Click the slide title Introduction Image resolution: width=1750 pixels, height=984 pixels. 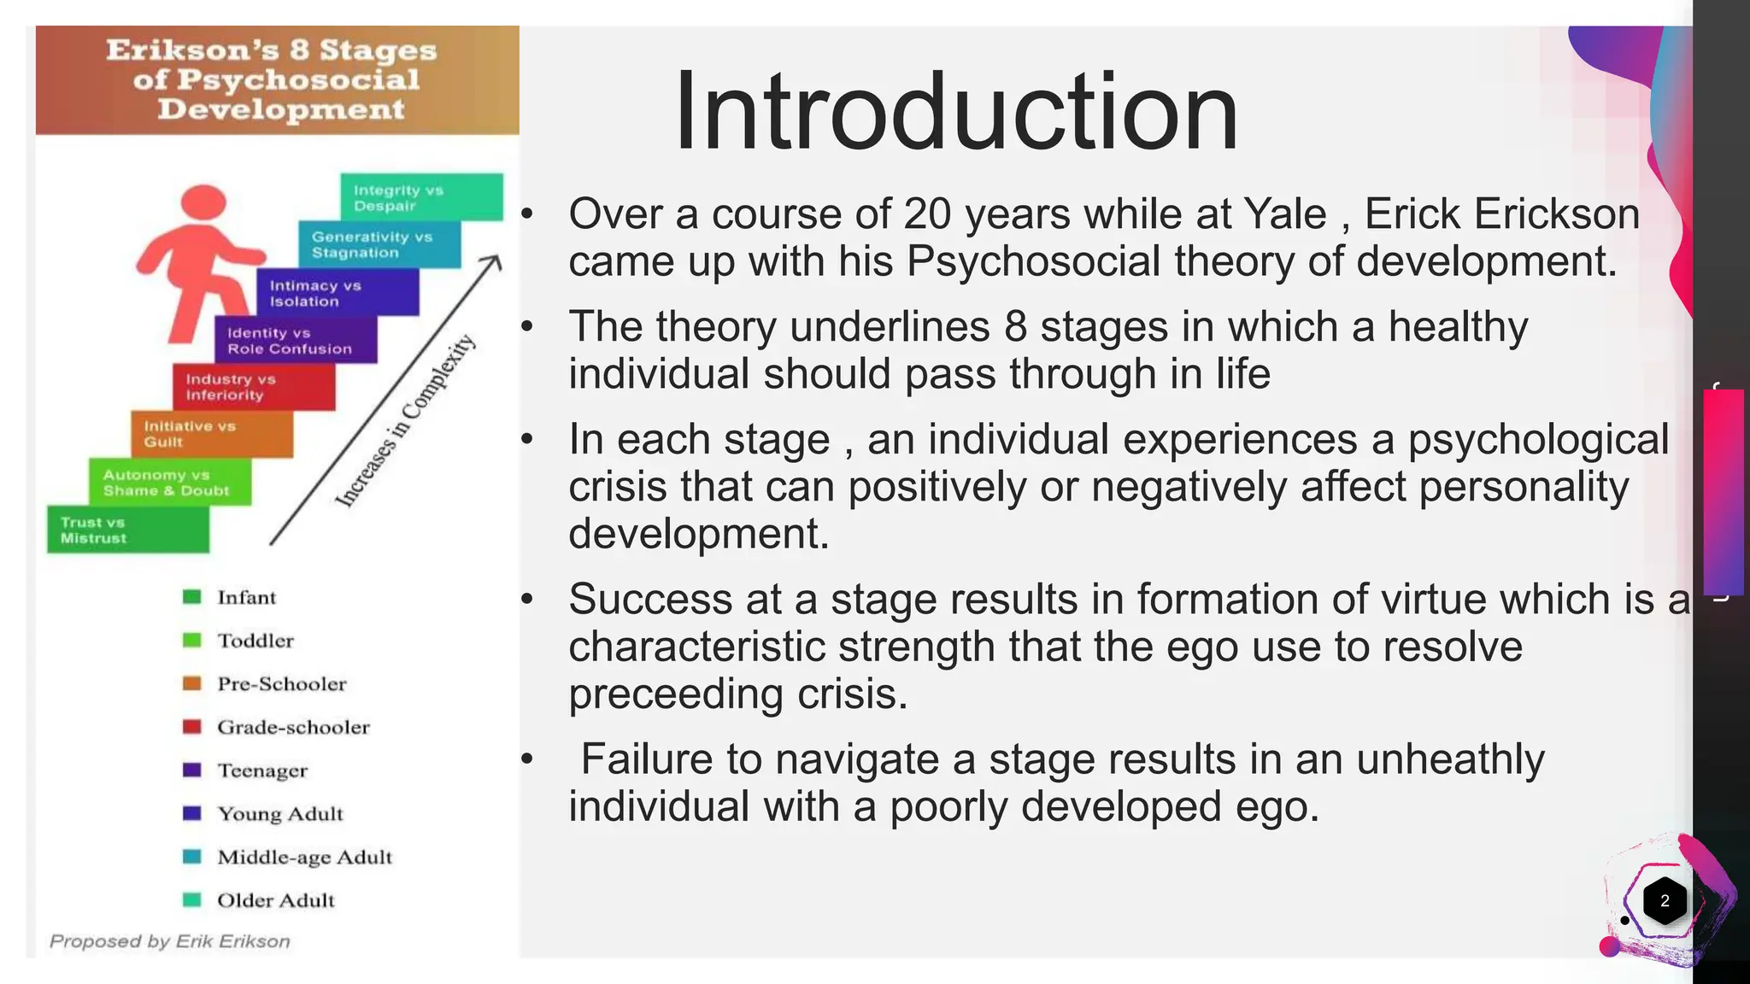[x=955, y=111]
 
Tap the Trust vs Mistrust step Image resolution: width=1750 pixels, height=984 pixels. [x=128, y=530]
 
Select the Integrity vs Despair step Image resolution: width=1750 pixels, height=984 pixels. [x=421, y=197]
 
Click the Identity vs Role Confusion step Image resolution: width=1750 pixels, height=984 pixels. [x=296, y=341]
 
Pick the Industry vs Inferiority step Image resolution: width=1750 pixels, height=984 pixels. [x=253, y=387]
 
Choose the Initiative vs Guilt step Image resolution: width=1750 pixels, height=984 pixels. [x=211, y=434]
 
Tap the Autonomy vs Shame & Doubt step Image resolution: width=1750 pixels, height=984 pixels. [x=169, y=483]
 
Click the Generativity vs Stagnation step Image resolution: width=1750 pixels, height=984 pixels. [x=379, y=244]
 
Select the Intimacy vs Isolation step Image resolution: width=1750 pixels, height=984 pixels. [x=338, y=293]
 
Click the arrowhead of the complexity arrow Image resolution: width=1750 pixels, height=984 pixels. [x=493, y=261]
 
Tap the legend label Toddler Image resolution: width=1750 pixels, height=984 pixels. [x=255, y=641]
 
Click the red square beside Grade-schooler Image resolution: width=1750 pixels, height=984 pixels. [x=192, y=727]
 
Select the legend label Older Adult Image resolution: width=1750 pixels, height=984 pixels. [x=275, y=900]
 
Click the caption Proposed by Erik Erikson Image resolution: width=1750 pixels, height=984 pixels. [x=170, y=941]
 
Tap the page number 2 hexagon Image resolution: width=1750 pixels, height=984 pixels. [x=1664, y=900]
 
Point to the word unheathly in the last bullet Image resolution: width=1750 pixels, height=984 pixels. [x=1449, y=758]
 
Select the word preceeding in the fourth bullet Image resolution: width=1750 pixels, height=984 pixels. [x=676, y=694]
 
